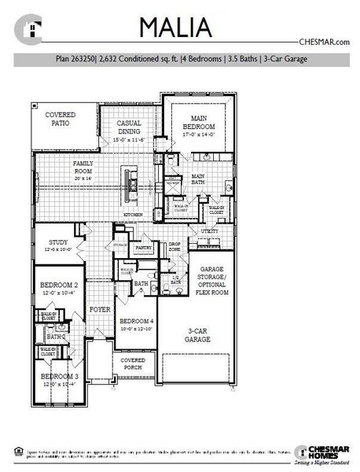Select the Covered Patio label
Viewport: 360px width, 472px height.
61,119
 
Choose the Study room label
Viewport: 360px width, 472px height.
59,245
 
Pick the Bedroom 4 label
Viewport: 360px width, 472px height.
136,323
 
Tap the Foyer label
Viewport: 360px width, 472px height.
98,310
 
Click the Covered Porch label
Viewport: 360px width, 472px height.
134,363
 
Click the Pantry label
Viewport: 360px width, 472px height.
143,248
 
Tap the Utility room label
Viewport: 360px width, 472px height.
209,232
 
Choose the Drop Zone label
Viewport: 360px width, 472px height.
174,247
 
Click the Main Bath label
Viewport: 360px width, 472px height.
199,179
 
